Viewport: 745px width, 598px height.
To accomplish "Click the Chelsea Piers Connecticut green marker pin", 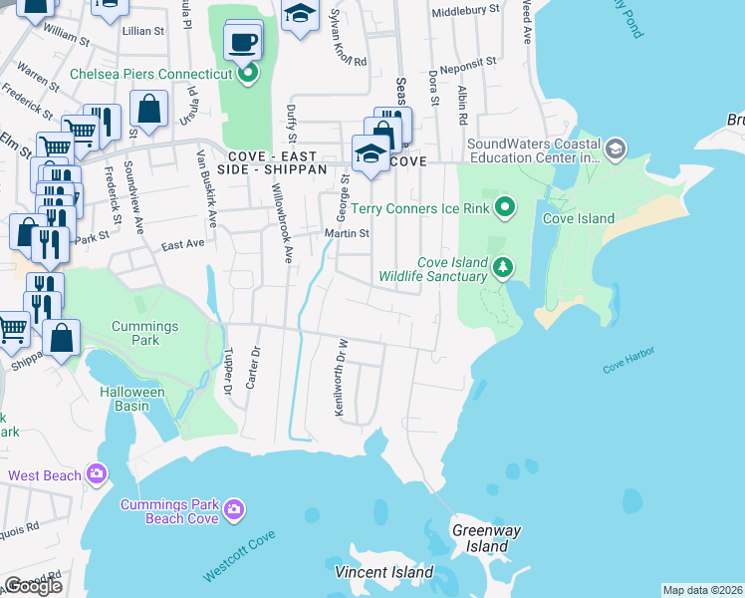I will (249, 74).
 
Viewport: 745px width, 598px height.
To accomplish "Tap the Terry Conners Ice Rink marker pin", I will (505, 208).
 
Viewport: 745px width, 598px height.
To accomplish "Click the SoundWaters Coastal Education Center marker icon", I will (616, 149).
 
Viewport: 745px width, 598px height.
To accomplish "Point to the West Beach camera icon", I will (97, 474).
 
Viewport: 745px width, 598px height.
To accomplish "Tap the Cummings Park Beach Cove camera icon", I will (234, 511).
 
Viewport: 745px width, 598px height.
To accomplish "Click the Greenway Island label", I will (486, 538).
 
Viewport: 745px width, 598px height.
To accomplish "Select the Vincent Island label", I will (383, 572).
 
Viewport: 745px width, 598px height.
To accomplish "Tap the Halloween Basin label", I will (131, 393).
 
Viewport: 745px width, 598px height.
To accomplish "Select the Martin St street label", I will (347, 234).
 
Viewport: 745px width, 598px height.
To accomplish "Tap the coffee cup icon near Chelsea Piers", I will (244, 43).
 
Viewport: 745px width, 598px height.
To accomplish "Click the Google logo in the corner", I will (33, 586).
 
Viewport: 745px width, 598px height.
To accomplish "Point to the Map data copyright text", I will (703, 590).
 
